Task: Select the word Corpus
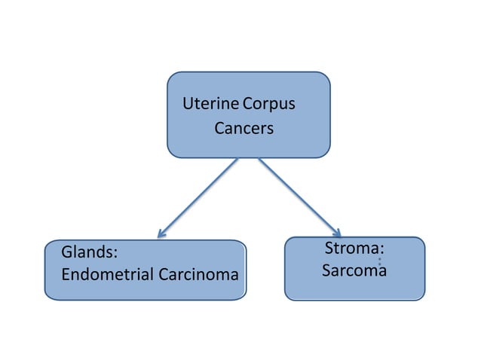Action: click(268, 103)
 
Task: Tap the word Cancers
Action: click(244, 128)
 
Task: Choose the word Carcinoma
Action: click(198, 274)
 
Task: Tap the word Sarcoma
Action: click(354, 270)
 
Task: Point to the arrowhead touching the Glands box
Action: click(161, 233)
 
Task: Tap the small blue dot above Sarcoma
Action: click(379, 260)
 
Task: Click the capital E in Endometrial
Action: click(66, 274)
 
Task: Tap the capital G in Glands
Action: click(66, 252)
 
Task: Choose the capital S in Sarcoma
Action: click(326, 270)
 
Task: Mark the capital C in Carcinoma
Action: click(164, 274)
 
